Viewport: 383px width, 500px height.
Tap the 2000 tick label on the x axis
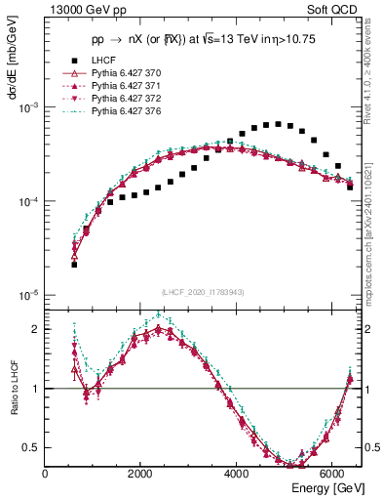[x=140, y=474]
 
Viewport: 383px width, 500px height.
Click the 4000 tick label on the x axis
[x=236, y=474]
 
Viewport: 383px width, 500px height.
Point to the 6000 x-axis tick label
[x=331, y=474]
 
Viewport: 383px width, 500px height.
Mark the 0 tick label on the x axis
[x=45, y=474]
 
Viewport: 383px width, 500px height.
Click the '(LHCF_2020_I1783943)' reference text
[x=203, y=292]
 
